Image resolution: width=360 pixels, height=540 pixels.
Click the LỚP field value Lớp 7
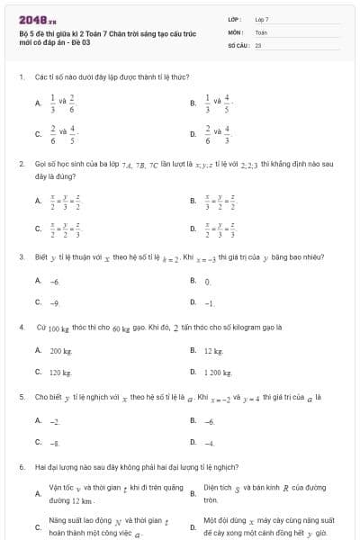point(262,19)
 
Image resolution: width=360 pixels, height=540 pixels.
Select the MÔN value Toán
point(261,31)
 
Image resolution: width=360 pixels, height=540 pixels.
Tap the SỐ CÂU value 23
point(258,44)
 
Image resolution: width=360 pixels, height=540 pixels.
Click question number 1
point(21,77)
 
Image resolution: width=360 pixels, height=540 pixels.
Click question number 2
point(21,164)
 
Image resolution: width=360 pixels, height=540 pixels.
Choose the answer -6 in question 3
point(55,282)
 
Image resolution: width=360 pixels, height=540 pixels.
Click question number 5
point(21,396)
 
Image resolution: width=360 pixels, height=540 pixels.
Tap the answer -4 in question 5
point(209,443)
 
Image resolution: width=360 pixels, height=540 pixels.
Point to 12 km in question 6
point(83,500)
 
